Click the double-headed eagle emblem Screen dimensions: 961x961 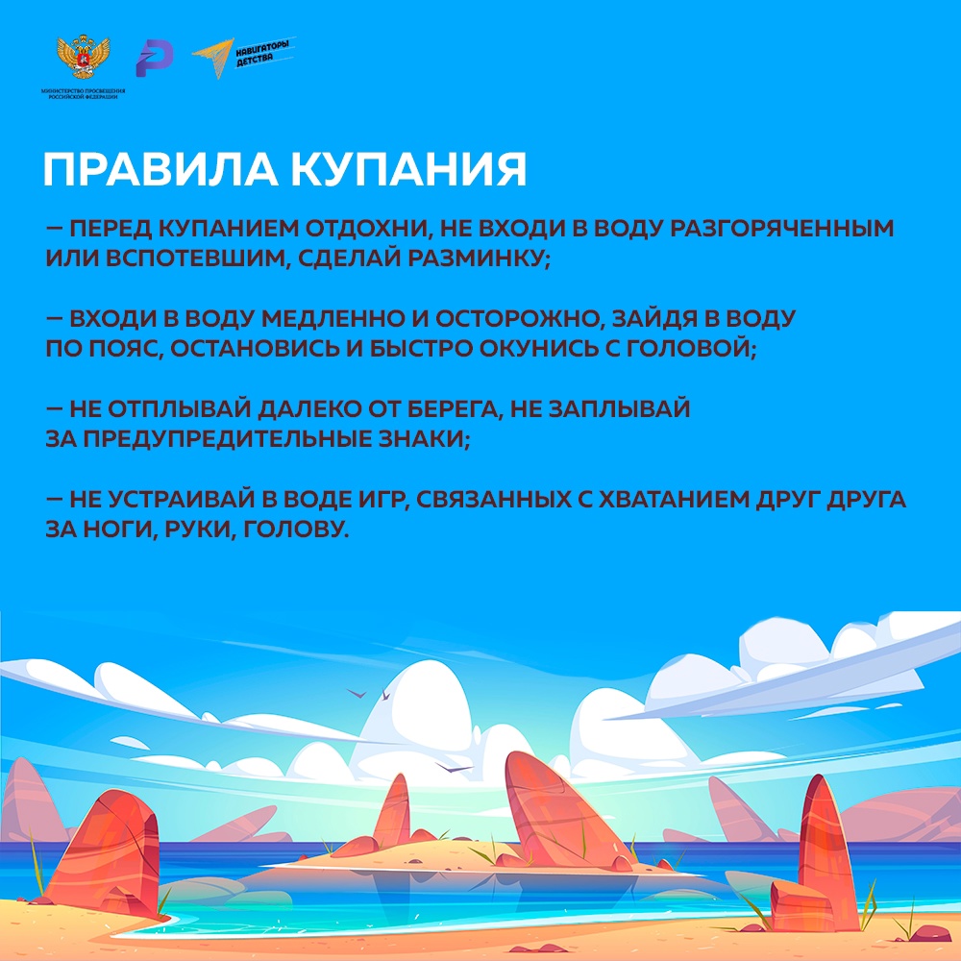tap(83, 58)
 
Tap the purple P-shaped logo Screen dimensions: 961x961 tap(155, 59)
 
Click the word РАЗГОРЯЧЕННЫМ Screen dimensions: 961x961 tap(781, 228)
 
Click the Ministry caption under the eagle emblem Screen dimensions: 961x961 tap(83, 94)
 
